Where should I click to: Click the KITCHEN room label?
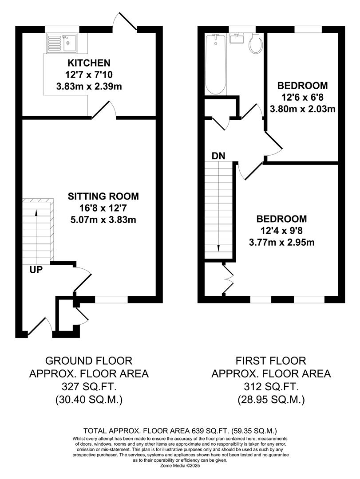(x=89, y=63)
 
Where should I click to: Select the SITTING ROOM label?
(x=103, y=196)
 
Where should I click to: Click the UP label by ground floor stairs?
(x=36, y=269)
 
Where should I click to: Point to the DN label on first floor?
(x=218, y=156)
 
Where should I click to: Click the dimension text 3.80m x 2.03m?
(x=302, y=108)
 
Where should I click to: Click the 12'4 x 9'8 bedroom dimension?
(x=281, y=231)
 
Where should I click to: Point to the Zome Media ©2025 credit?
(x=180, y=465)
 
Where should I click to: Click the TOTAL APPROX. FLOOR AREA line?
(x=180, y=430)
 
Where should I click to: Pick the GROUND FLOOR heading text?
(x=89, y=361)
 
